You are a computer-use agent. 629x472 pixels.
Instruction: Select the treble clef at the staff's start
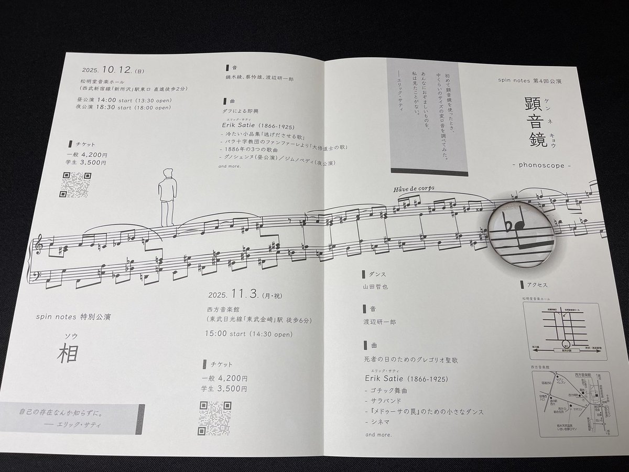pyautogui.click(x=39, y=245)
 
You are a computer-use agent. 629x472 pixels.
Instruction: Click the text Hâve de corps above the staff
pyautogui.click(x=416, y=189)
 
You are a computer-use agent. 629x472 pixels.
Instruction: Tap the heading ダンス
pyautogui.click(x=378, y=274)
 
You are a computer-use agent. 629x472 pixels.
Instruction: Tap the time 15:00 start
pyautogui.click(x=225, y=333)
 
